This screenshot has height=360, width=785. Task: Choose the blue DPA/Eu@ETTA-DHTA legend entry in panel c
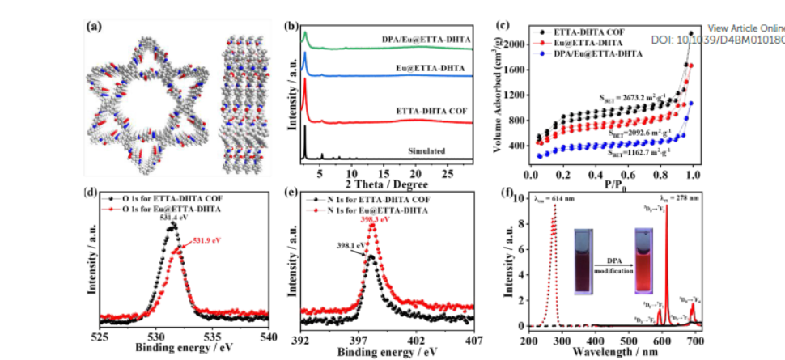click(x=595, y=53)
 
